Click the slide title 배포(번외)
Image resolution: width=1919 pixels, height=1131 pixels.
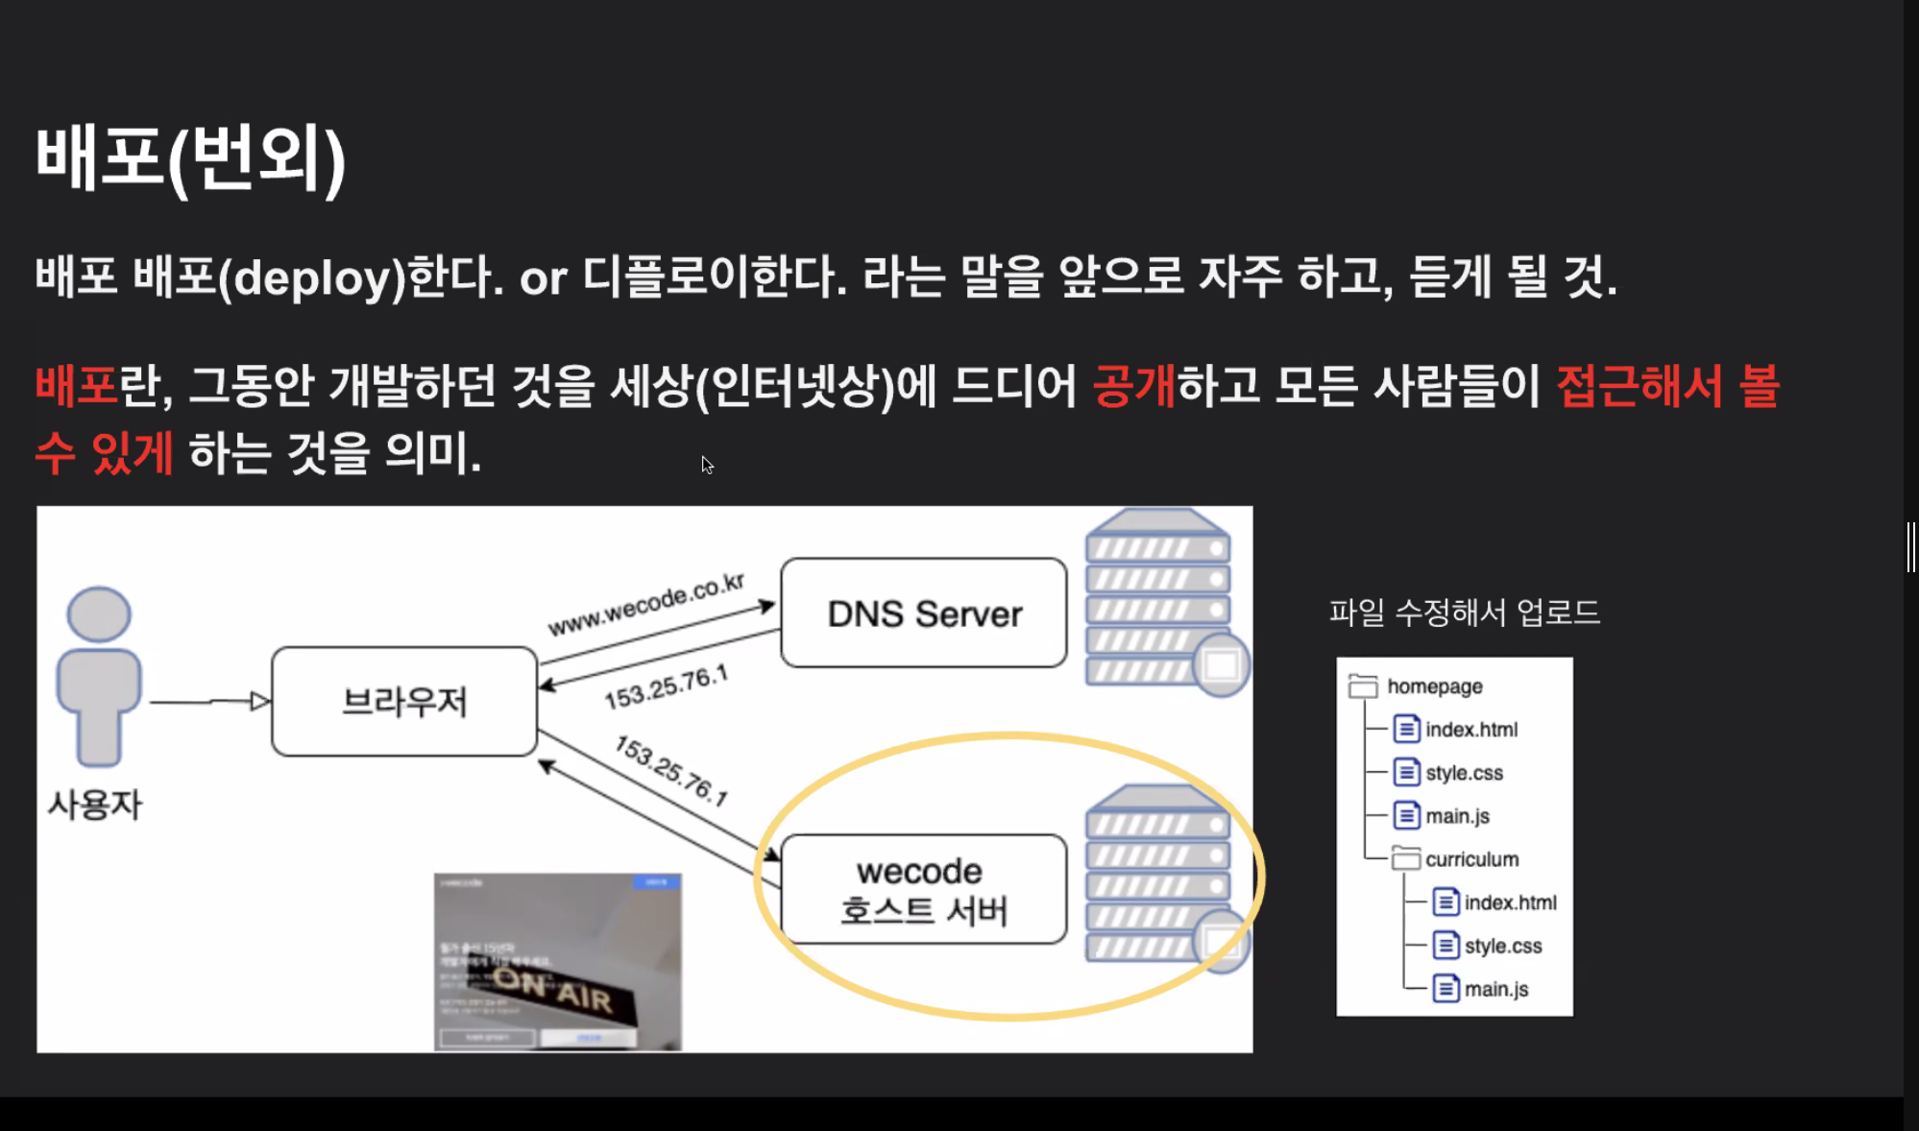click(x=190, y=157)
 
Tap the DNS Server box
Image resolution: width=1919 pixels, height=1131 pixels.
click(x=923, y=613)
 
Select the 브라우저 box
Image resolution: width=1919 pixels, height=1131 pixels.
click(x=404, y=701)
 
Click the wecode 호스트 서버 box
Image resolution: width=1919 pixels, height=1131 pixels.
click(x=923, y=889)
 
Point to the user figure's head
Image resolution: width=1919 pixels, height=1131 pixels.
click(x=99, y=614)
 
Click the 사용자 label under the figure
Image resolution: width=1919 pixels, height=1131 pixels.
click(x=95, y=805)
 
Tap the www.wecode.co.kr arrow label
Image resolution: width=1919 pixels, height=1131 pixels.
click(x=646, y=605)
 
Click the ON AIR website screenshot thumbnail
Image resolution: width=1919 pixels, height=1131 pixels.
click(x=557, y=961)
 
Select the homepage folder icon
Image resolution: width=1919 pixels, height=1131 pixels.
click(x=1362, y=686)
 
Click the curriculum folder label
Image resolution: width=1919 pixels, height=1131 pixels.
click(x=1471, y=859)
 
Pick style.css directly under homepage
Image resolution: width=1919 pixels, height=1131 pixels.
click(x=1464, y=773)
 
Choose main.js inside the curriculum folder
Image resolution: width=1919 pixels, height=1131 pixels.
click(x=1495, y=989)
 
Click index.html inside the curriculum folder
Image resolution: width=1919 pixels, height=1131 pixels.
click(x=1510, y=902)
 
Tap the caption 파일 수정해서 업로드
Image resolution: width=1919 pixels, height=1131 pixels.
click(x=1464, y=613)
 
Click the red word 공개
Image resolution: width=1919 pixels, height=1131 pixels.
click(x=1133, y=386)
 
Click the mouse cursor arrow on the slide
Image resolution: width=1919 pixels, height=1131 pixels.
click(x=706, y=465)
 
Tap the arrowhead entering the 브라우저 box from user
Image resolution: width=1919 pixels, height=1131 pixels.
click(x=260, y=702)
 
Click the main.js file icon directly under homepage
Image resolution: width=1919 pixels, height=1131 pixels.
click(x=1406, y=816)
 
